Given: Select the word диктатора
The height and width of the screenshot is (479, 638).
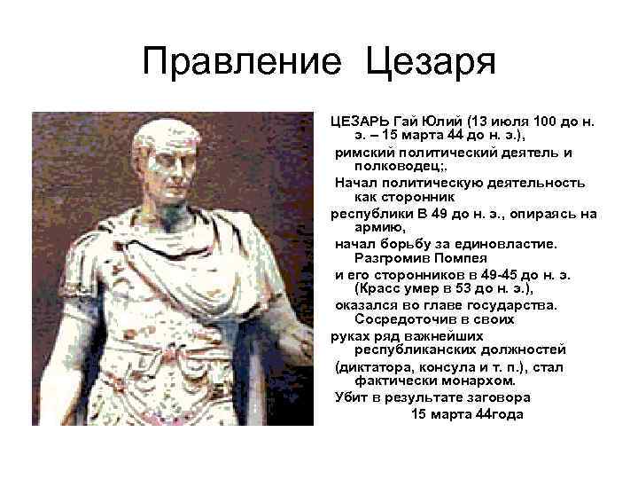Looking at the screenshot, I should [371, 366].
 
